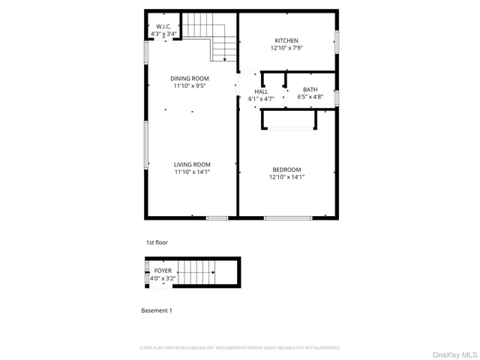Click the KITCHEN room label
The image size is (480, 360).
[286, 40]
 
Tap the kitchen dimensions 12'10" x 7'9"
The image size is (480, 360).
[286, 48]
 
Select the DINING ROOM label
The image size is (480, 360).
[189, 78]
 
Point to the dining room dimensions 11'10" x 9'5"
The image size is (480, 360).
[189, 85]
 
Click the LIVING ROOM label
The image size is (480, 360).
[192, 164]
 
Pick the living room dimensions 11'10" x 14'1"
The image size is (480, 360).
[192, 172]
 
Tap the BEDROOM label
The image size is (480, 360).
[286, 169]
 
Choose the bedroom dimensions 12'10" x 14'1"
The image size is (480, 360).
[286, 177]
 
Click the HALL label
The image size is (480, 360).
[261, 91]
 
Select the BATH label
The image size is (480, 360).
[310, 89]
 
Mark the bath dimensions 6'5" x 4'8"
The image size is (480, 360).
[310, 97]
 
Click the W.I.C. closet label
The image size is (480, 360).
[163, 26]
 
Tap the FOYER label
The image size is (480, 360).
[163, 271]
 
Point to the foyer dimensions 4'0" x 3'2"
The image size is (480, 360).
[163, 278]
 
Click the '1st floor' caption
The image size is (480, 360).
[157, 243]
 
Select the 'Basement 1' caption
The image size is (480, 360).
[157, 310]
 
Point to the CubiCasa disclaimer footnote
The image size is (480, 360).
[240, 348]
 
